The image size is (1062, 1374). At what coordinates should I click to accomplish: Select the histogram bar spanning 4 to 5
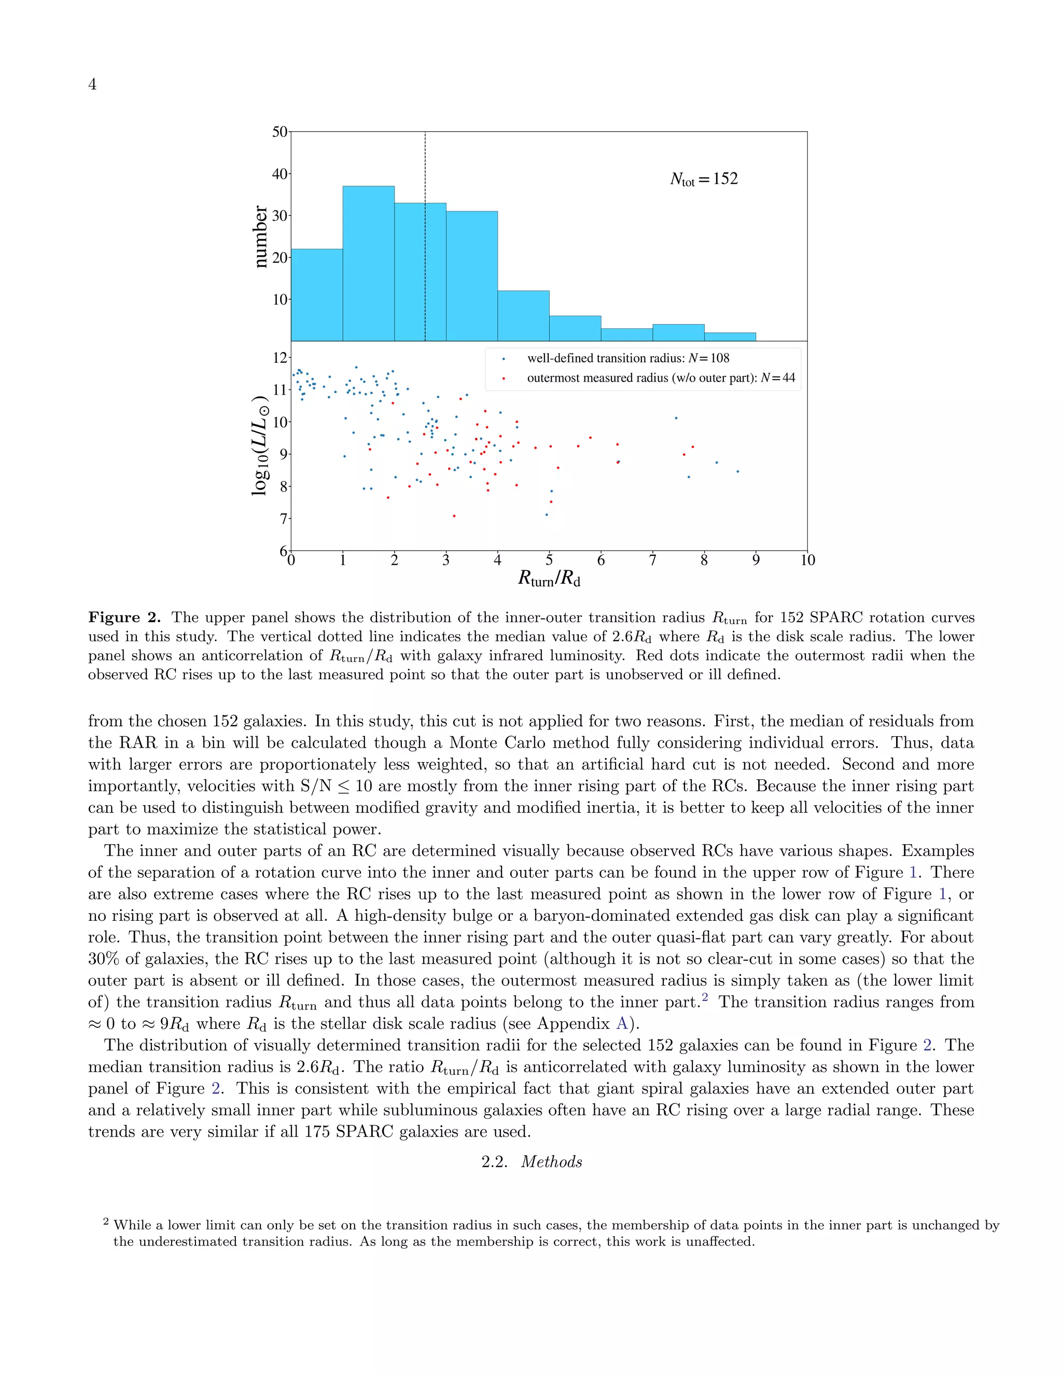click(x=523, y=316)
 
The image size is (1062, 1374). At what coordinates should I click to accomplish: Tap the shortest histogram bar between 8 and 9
click(x=730, y=337)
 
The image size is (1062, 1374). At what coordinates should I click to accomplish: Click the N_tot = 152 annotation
click(x=703, y=179)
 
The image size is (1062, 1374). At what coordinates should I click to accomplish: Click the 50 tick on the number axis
click(x=280, y=132)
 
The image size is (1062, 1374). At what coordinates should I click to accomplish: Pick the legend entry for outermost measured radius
click(x=660, y=378)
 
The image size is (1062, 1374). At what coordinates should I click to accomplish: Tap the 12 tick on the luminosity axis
click(x=280, y=358)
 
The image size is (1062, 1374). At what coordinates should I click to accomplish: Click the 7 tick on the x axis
click(x=652, y=560)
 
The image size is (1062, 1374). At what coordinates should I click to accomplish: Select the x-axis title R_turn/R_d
click(x=549, y=579)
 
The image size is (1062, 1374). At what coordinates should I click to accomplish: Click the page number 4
click(x=92, y=85)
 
